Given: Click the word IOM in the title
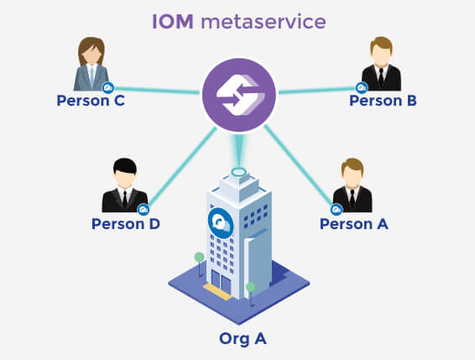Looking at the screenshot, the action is pyautogui.click(x=172, y=22).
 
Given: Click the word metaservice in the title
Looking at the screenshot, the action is pyautogui.click(x=264, y=22).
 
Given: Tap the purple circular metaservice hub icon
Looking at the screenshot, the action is pyautogui.click(x=239, y=95).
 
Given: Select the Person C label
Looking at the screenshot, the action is pyautogui.click(x=91, y=101).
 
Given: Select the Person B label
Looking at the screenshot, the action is pyautogui.click(x=383, y=101).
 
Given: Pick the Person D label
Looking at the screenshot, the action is pyautogui.click(x=126, y=224).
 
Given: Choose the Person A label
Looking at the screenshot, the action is pyautogui.click(x=354, y=224).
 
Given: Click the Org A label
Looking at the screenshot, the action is pyautogui.click(x=243, y=338).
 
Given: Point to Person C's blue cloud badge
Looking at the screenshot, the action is pyautogui.click(x=108, y=88).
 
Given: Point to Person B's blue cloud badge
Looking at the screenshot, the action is pyautogui.click(x=362, y=88).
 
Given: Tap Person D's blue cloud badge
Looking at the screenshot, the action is pyautogui.click(x=144, y=210).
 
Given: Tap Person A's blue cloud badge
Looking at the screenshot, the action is pyautogui.click(x=337, y=210).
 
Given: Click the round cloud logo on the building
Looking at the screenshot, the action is pyautogui.click(x=221, y=223).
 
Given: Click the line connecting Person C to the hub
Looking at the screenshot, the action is pyautogui.click(x=156, y=90).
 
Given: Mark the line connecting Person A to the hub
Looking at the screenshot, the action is pyautogui.click(x=299, y=165).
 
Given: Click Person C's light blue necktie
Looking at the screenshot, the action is pyautogui.click(x=91, y=77).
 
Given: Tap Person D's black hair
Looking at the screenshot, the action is pyautogui.click(x=125, y=166).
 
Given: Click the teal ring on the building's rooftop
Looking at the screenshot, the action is pyautogui.click(x=238, y=172).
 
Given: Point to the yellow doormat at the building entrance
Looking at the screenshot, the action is pyautogui.click(x=217, y=291).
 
